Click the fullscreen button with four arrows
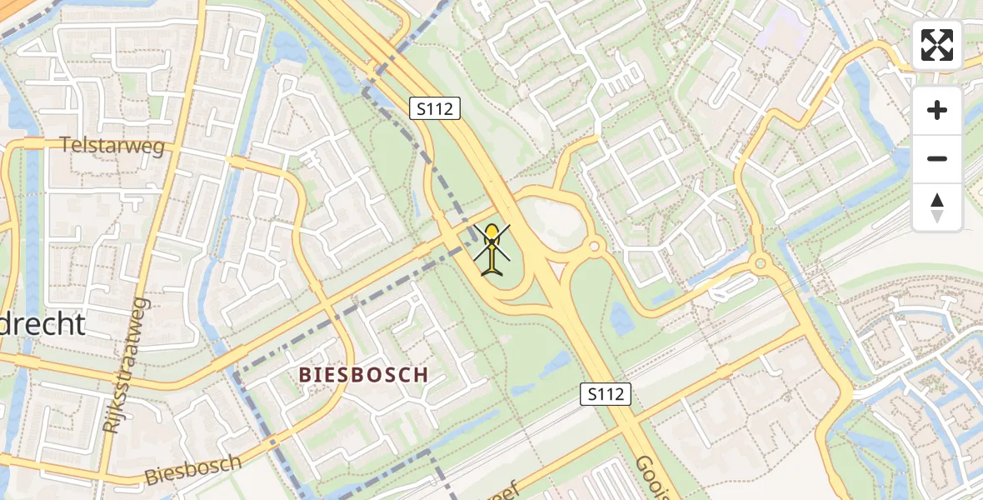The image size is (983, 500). point(937,45)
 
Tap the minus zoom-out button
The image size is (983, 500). point(937,158)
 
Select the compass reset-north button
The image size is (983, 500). point(937,207)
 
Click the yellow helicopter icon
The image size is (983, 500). point(493,248)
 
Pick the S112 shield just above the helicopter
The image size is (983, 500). point(435,107)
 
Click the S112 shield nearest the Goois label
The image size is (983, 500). point(606,394)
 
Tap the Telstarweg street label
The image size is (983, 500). point(112,145)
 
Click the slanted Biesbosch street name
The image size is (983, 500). point(192,470)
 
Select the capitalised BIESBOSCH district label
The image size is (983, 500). point(363,375)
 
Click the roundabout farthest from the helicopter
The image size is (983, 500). point(759,263)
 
